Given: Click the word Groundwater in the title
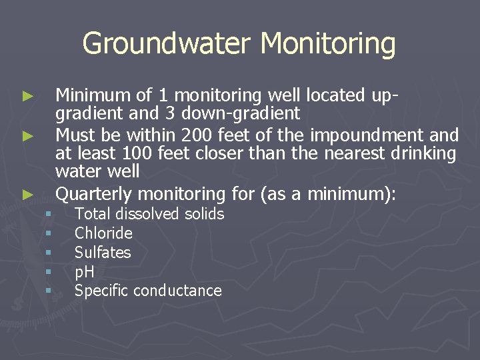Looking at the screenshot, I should point(167,44).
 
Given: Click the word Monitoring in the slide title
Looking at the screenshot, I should point(328,44).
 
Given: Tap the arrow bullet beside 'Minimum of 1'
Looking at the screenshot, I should point(27,97).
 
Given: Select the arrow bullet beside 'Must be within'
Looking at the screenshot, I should point(27,136).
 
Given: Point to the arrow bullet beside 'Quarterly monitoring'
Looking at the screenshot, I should point(27,195).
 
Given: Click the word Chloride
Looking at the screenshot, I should point(103,233).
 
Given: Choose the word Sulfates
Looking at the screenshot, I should point(103,253).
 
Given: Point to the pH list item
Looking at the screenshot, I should point(84,272).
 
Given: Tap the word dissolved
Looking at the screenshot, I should point(144,214).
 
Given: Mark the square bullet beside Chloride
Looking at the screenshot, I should point(48,233).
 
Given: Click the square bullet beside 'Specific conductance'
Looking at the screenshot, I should point(48,291).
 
